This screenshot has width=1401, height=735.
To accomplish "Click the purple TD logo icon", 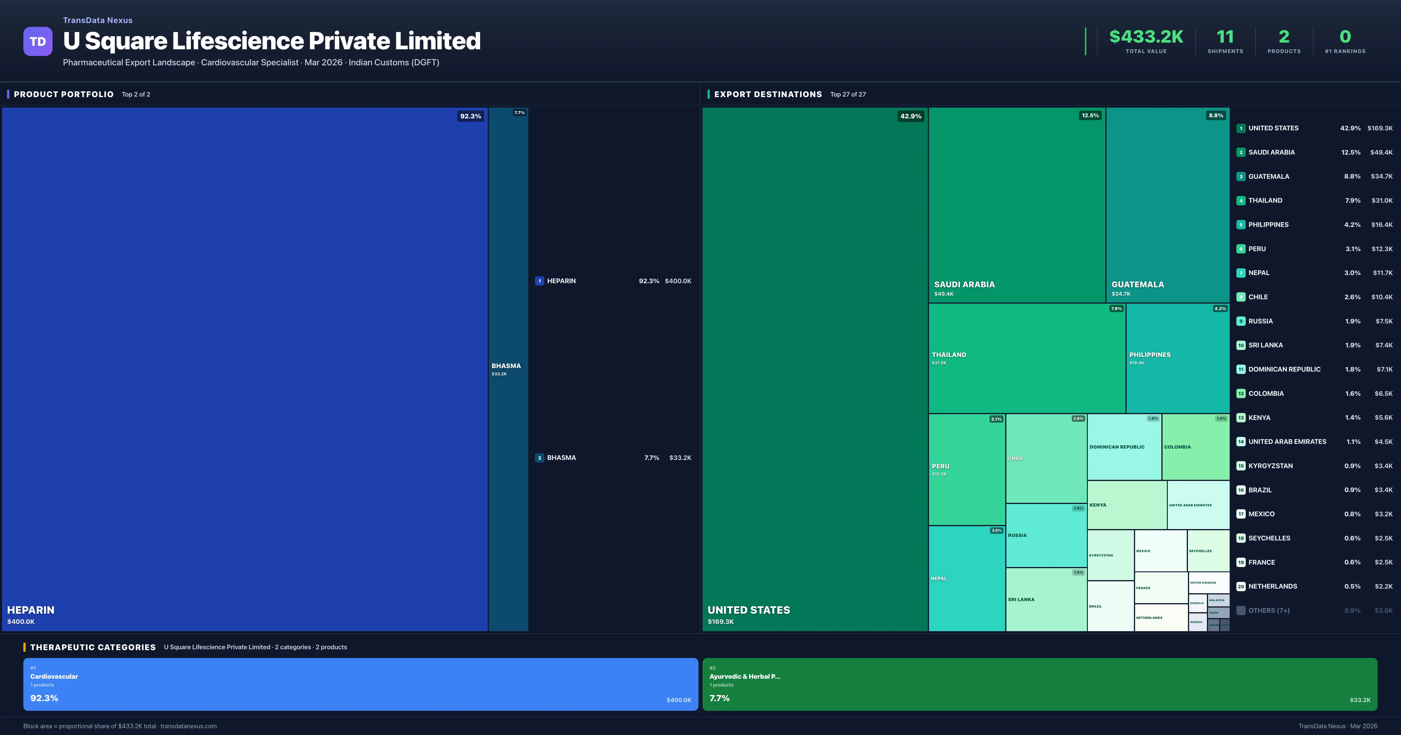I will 38,41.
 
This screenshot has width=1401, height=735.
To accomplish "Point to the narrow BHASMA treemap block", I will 508,370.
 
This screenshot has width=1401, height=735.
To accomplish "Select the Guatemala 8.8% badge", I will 1216,115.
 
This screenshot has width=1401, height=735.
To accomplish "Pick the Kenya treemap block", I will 1126,505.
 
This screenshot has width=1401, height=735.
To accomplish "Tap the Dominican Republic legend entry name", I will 1284,370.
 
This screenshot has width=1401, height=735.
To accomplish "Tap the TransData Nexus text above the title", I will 97,20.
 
